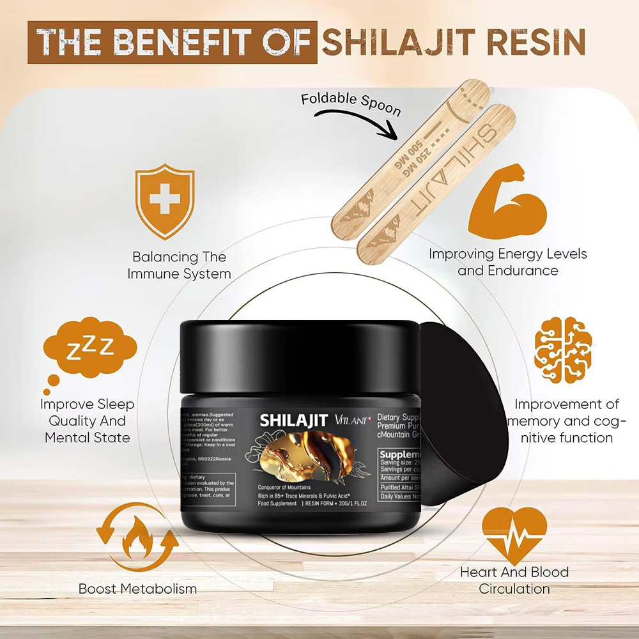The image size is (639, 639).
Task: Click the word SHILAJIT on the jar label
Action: tap(294, 422)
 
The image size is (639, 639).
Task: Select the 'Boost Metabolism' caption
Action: tap(137, 589)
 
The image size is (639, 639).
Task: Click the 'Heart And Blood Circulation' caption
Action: tap(514, 580)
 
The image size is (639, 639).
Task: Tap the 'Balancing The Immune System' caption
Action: tap(179, 265)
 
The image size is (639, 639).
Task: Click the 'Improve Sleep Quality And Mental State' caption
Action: tap(88, 421)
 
